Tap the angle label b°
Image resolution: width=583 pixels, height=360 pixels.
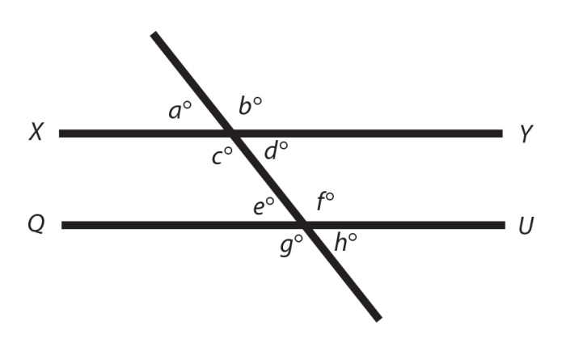[250, 106]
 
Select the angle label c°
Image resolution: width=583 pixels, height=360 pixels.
[222, 155]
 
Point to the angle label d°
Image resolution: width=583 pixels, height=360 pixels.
[277, 150]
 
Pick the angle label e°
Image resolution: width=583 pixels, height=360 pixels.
[264, 206]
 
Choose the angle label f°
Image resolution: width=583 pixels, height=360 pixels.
[325, 201]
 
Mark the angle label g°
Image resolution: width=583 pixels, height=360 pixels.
[291, 244]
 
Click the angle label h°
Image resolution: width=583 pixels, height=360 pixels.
[345, 241]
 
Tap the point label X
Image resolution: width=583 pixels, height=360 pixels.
[36, 133]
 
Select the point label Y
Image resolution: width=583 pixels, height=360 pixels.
[526, 133]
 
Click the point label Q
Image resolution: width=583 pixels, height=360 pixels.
[35, 224]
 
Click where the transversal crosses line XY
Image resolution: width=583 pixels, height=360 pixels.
[232, 133]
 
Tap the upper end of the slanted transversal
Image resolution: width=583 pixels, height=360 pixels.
[154, 34]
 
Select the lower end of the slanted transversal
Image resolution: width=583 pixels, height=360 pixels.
[378, 319]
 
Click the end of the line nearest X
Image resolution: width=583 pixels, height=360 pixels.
[60, 133]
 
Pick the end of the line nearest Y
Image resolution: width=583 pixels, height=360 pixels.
[501, 133]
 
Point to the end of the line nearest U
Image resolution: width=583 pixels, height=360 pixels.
[504, 224]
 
